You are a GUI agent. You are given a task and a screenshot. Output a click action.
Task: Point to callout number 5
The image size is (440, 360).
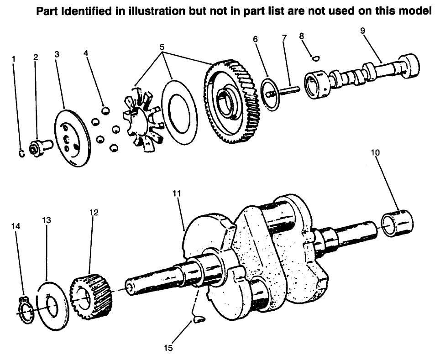(x=162, y=47)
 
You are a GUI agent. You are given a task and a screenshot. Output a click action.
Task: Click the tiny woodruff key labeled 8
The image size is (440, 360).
(x=314, y=57)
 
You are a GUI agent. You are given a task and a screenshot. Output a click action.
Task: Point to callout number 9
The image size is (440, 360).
(x=362, y=31)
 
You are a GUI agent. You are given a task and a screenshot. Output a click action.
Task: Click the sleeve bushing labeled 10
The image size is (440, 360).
(x=397, y=223)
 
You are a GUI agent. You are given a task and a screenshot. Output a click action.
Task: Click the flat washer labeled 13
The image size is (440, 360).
(x=53, y=305)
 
